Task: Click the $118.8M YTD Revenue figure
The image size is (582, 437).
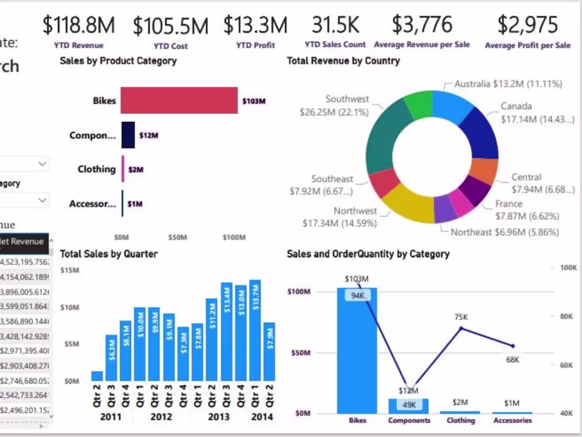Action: (x=78, y=25)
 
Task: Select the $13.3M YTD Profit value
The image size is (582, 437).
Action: (x=256, y=25)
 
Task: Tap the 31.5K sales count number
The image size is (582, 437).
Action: (x=335, y=25)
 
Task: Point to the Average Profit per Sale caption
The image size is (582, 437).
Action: (x=528, y=46)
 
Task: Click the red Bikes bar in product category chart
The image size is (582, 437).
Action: (x=179, y=101)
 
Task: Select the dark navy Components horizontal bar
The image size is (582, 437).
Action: (x=128, y=135)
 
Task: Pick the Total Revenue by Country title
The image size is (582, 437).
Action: (x=343, y=61)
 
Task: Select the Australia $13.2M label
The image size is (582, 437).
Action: (x=508, y=84)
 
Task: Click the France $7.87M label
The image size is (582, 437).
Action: (x=527, y=210)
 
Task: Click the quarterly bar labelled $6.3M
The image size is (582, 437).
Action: (x=111, y=358)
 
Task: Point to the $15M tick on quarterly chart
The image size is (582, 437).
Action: (x=69, y=270)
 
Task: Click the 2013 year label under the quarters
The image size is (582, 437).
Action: (x=219, y=417)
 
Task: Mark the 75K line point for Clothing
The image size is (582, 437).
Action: (x=461, y=328)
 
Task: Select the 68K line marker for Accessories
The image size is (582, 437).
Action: (x=512, y=346)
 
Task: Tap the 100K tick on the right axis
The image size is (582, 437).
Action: (x=568, y=268)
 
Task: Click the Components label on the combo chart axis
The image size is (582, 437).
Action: (x=409, y=421)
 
